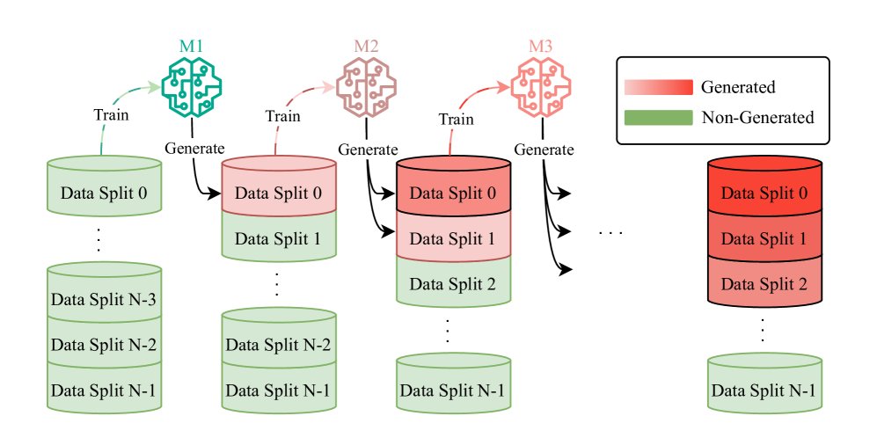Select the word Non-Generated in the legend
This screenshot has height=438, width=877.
(x=757, y=117)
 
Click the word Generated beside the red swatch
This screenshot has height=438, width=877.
(x=738, y=87)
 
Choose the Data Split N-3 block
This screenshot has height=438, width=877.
(x=104, y=299)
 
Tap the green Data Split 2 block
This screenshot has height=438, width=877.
(x=453, y=283)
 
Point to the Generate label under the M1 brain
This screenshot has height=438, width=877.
(x=194, y=148)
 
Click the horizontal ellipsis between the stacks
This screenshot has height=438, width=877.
(x=610, y=233)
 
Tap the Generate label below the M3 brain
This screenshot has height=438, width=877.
(x=542, y=148)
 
